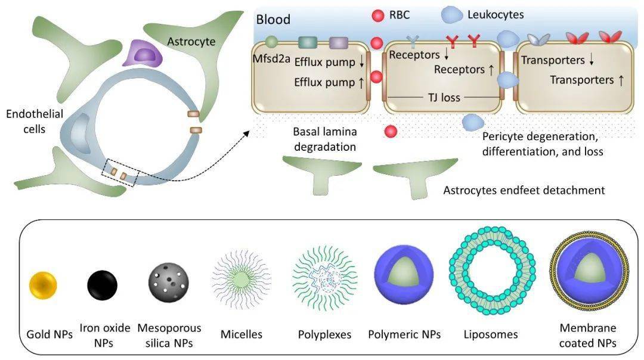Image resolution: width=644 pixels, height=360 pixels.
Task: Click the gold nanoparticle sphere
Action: coord(43,284)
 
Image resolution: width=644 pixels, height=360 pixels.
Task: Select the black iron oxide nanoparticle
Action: coord(103,285)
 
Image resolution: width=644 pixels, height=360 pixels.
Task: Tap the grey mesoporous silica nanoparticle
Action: coord(168,283)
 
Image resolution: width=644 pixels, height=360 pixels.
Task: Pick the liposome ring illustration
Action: coord(492,271)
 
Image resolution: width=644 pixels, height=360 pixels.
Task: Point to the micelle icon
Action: coord(241,279)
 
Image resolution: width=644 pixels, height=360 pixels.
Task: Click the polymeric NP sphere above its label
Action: coord(404,275)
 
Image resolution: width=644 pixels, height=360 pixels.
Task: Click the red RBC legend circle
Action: coord(378,15)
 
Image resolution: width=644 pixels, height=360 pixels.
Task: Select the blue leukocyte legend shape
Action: coord(451,15)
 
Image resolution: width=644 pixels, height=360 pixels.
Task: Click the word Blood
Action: coord(273,19)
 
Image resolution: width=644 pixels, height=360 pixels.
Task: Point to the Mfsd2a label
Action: coord(271,58)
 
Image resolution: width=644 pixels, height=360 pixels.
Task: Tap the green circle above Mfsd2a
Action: coord(271,42)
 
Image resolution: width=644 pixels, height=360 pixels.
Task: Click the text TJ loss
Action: coord(444,98)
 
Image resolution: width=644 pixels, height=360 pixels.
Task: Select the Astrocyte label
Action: coord(191,42)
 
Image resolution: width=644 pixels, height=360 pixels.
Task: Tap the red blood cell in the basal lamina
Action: coord(391,131)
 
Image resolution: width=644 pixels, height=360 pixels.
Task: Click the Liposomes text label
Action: coord(490,334)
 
